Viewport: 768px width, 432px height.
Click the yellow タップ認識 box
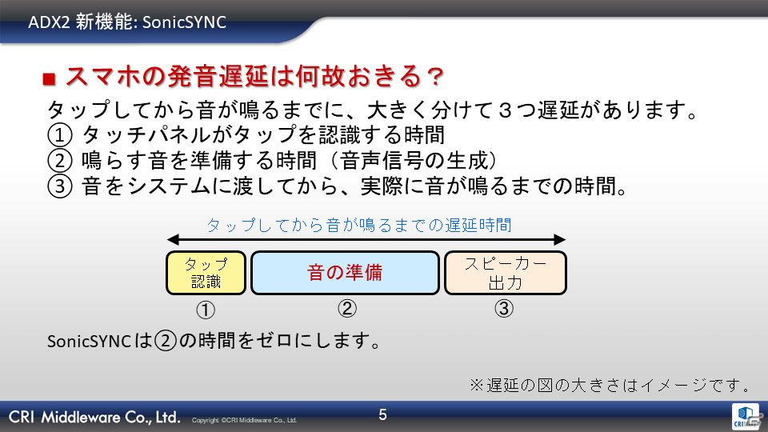click(x=206, y=273)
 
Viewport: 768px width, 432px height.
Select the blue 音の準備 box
click(x=345, y=273)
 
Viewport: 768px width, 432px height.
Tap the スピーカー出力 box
click(x=506, y=273)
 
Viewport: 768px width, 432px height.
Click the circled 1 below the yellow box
click(x=206, y=310)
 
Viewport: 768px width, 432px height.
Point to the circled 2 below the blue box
click(x=346, y=309)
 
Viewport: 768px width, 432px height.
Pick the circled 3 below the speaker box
click(x=503, y=309)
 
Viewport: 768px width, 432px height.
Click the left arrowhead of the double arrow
click(x=173, y=239)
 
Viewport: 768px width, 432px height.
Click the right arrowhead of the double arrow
click(x=560, y=239)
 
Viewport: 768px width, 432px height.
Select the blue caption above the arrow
click(x=359, y=225)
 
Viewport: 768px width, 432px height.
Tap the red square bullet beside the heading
click(x=49, y=79)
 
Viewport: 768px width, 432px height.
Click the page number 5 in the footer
click(x=383, y=415)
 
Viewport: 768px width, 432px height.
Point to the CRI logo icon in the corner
click(x=746, y=416)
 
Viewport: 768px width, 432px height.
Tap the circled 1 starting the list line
click(x=60, y=134)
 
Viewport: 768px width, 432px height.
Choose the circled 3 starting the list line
click(x=60, y=186)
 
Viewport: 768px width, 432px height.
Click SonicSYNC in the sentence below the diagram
click(x=89, y=342)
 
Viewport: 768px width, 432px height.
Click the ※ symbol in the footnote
click(x=477, y=385)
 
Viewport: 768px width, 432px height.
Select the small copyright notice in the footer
click(x=245, y=420)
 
